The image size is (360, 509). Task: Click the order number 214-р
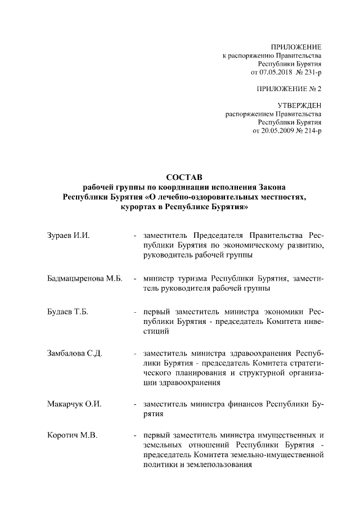click(x=312, y=130)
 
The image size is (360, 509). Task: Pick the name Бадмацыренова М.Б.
click(x=84, y=278)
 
